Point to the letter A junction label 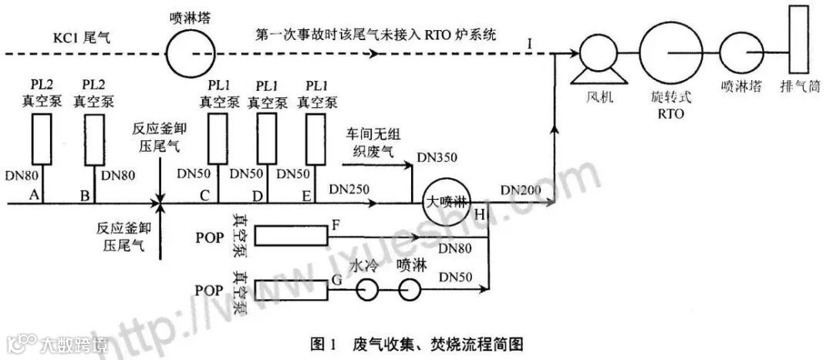pyautogui.click(x=33, y=196)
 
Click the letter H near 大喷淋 pyautogui.click(x=481, y=214)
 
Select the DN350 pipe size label pyautogui.click(x=437, y=157)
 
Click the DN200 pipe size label pyautogui.click(x=521, y=189)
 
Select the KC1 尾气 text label pyautogui.click(x=81, y=36)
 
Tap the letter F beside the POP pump pyautogui.click(x=336, y=224)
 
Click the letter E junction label pyautogui.click(x=307, y=196)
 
